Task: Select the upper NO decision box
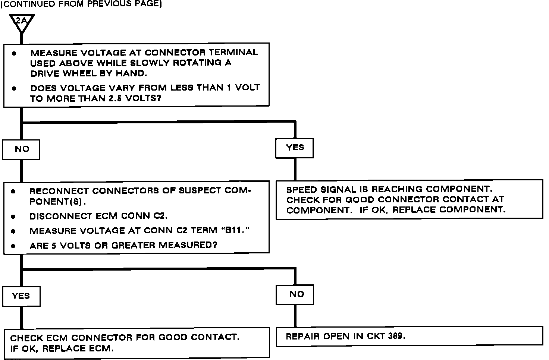pyautogui.click(x=21, y=149)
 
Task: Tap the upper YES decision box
pyautogui.click(x=295, y=148)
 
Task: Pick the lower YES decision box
pyautogui.click(x=21, y=296)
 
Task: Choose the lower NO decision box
pyautogui.click(x=295, y=294)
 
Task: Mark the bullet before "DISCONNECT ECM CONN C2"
pyautogui.click(x=13, y=217)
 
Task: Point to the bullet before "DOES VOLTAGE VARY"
pyautogui.click(x=14, y=89)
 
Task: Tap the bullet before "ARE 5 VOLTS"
pyautogui.click(x=13, y=246)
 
